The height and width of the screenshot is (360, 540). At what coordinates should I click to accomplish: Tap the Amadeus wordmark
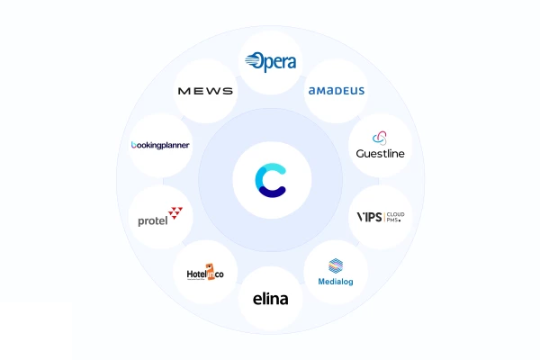(x=337, y=91)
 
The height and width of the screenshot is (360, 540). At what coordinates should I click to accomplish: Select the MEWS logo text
(x=205, y=91)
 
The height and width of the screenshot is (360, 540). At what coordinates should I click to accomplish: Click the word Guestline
(x=381, y=154)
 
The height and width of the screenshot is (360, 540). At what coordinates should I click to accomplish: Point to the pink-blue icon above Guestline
(x=381, y=138)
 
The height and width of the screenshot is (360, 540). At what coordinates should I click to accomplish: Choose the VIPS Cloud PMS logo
(x=381, y=218)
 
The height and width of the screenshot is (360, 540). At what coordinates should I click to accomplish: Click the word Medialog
(x=336, y=280)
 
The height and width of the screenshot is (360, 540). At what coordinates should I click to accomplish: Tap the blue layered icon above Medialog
(x=336, y=265)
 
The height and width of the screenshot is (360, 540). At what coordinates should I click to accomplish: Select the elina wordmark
(x=270, y=299)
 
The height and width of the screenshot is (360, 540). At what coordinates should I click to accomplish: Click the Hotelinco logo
(x=205, y=272)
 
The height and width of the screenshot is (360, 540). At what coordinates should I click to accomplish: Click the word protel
(x=153, y=220)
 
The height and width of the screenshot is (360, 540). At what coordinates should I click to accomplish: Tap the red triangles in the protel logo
(x=175, y=213)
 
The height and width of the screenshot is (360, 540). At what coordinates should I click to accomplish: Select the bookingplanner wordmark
(x=160, y=145)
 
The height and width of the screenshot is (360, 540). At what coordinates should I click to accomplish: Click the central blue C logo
(x=270, y=179)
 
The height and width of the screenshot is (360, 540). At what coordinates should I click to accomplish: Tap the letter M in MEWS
(x=184, y=91)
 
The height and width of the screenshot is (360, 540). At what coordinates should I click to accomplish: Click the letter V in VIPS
(x=362, y=218)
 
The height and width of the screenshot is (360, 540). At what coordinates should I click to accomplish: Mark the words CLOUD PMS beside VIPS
(x=394, y=218)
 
